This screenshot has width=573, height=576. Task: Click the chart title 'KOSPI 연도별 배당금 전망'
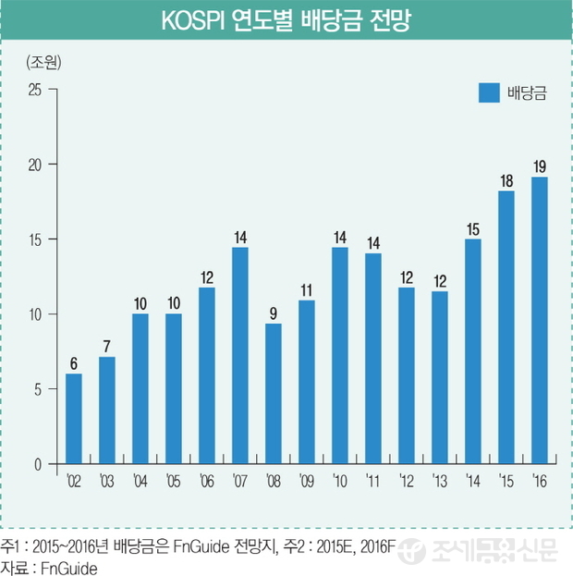coord(286,20)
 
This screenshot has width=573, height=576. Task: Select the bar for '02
coord(74,418)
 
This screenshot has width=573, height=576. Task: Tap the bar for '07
coord(240,356)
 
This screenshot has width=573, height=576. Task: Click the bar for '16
coord(540,320)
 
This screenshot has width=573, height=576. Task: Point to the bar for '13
coord(440,377)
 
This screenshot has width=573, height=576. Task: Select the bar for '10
coord(340,356)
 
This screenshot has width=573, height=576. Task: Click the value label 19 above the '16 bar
coord(540,166)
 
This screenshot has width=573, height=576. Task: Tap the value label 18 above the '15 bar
coord(506,181)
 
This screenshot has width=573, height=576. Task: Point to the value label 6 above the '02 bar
coord(74,363)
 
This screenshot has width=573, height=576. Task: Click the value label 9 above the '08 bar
coord(274,313)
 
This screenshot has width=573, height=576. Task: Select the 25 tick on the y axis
coord(35,90)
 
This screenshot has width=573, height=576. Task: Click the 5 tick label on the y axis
coord(39,389)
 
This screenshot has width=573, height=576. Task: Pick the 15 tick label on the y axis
coord(35,239)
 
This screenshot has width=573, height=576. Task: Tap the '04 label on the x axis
coord(140,481)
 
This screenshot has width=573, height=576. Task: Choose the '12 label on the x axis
coord(406,481)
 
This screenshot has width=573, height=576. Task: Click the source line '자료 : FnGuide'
coord(51,566)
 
